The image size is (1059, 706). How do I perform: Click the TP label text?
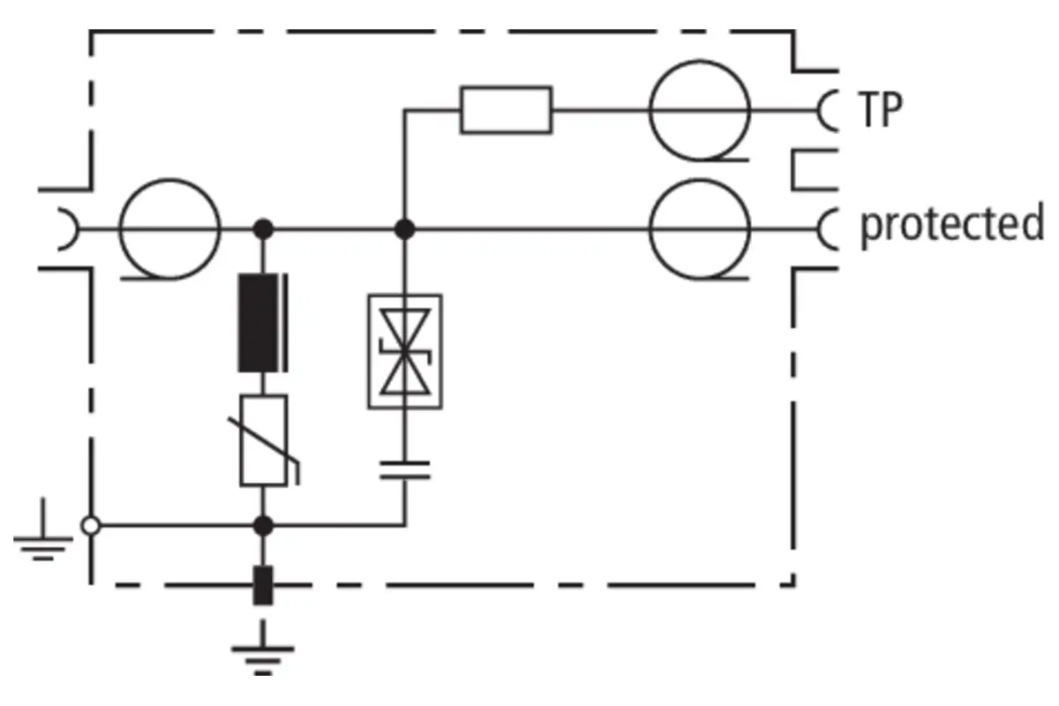(880, 109)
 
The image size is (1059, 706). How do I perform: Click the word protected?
(952, 225)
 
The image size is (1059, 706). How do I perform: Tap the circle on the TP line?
(700, 61)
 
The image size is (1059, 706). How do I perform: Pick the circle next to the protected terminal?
(700, 180)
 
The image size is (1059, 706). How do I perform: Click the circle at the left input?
(169, 180)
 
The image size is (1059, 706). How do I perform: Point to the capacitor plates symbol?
(405, 470)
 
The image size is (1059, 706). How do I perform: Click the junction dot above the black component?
(263, 229)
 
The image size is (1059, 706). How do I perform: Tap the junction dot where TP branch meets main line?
(405, 229)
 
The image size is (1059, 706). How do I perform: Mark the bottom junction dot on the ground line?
(263, 526)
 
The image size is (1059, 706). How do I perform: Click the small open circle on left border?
(91, 526)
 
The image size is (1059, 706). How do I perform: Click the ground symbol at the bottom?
(263, 649)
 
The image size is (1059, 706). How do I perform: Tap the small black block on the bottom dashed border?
(263, 585)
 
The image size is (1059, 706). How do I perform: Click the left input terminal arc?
(77, 229)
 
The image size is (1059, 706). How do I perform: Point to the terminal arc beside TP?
(819, 110)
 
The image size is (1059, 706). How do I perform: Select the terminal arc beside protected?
(819, 229)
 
